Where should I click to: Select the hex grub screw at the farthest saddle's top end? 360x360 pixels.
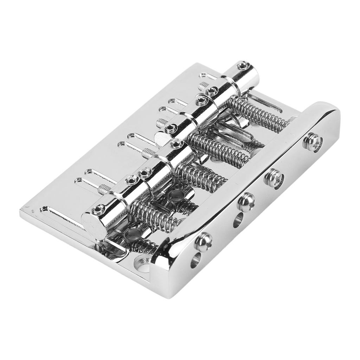[x=243, y=65]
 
